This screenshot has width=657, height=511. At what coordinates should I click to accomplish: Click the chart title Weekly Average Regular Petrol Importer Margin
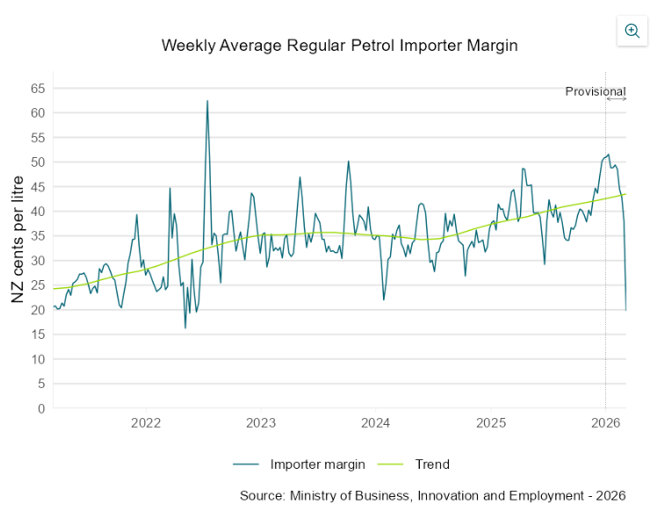tap(340, 46)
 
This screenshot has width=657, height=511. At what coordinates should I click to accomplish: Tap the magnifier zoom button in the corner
tap(632, 31)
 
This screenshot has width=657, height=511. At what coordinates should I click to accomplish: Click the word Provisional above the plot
tap(595, 91)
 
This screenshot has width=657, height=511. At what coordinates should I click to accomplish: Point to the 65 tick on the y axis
tap(38, 89)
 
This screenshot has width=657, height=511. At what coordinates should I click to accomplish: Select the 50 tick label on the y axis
tap(38, 162)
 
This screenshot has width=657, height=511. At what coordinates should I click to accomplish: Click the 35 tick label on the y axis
tap(38, 236)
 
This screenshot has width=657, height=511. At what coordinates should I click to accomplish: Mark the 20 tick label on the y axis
tap(38, 310)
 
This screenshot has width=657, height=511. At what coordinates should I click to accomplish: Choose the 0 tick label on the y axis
tap(40, 408)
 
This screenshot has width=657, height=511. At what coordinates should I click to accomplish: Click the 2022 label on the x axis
tap(146, 423)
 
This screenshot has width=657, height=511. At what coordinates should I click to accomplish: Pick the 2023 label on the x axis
tap(261, 423)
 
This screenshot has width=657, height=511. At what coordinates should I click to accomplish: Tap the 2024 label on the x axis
tap(376, 423)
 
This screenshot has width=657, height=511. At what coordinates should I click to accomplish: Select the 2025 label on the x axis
tap(491, 423)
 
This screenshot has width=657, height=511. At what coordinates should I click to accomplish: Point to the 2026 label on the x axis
tap(606, 423)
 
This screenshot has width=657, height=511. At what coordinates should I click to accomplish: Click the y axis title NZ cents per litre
tap(18, 249)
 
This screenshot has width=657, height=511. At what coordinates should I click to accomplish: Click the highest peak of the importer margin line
tap(207, 101)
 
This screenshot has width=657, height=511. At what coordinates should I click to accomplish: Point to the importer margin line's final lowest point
tap(625, 309)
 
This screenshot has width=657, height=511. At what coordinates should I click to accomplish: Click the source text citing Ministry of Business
tap(432, 496)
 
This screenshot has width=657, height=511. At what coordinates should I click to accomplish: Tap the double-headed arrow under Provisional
tap(617, 99)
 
